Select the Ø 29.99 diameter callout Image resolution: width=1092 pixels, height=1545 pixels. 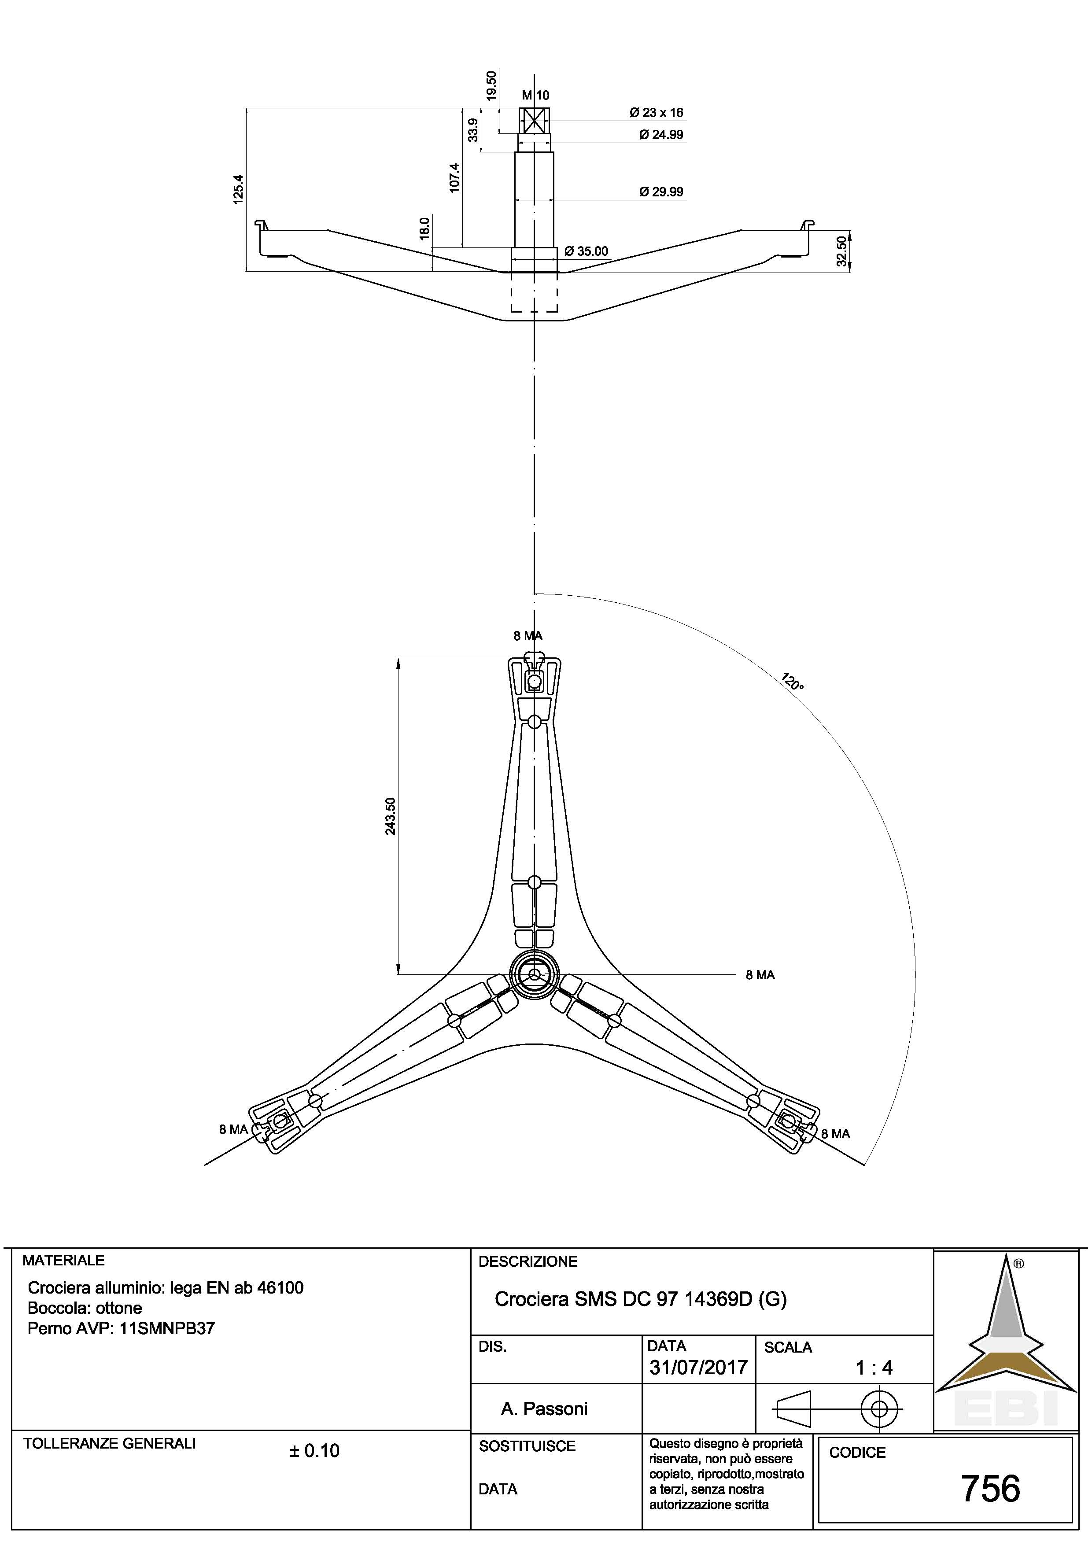click(x=661, y=192)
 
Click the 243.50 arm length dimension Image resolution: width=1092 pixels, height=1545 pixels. click(x=390, y=816)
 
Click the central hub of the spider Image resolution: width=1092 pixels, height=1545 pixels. click(x=534, y=973)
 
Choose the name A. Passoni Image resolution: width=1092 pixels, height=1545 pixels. click(x=544, y=1409)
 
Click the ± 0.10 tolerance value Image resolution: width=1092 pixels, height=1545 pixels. click(x=314, y=1451)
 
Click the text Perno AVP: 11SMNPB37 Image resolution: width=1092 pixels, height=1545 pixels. click(x=121, y=1328)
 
